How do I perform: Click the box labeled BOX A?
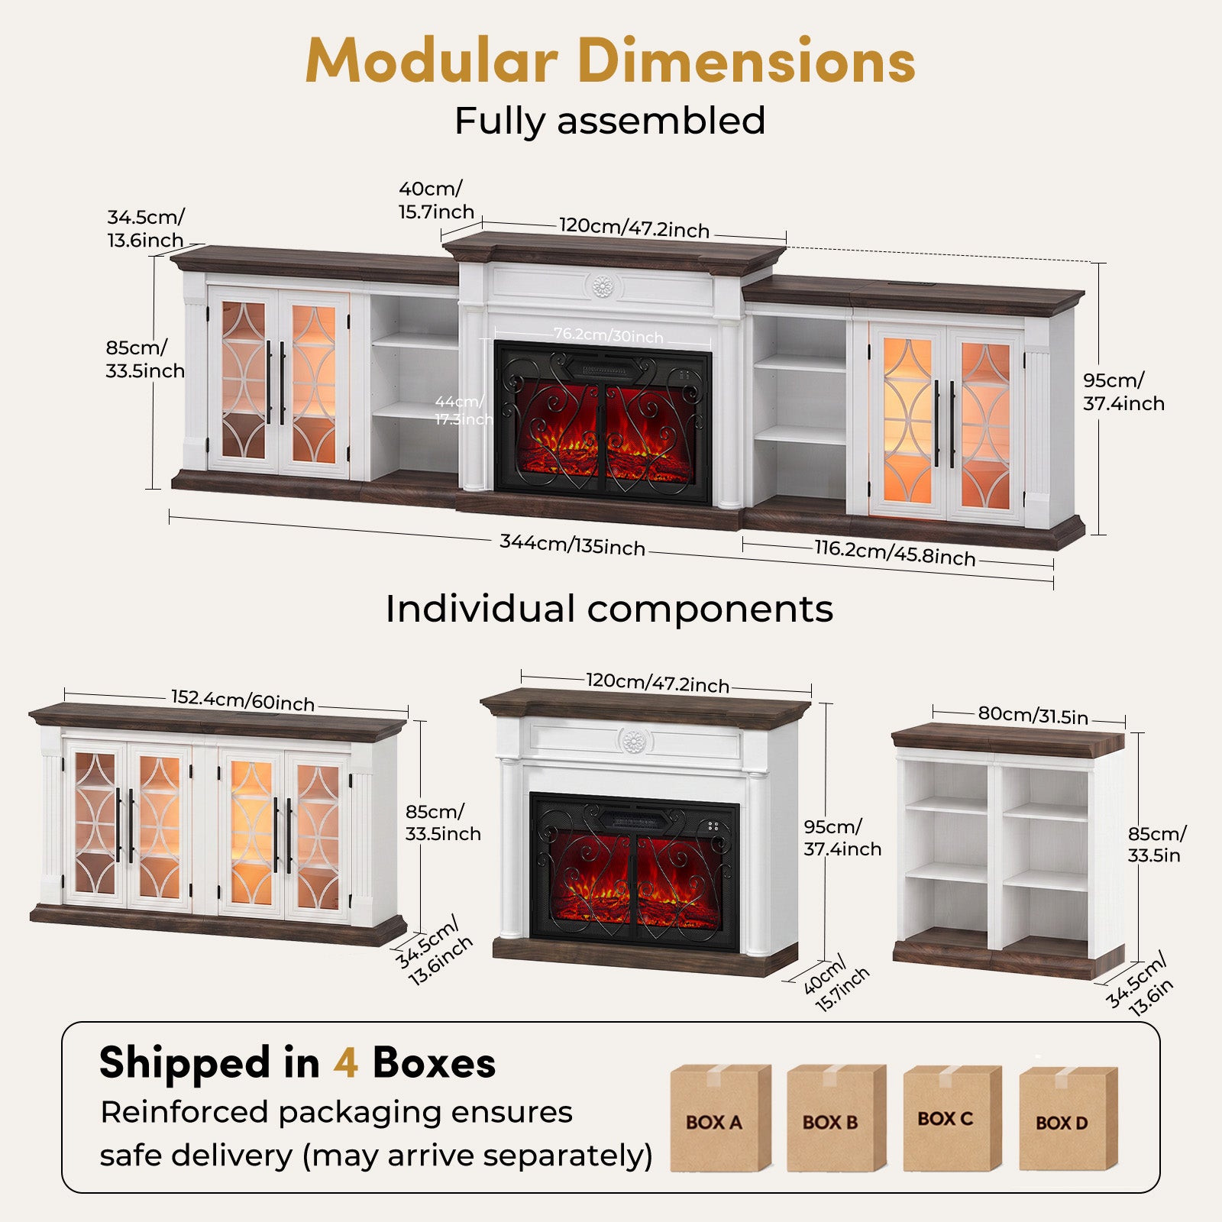(x=720, y=1118)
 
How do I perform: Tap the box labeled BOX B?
(x=836, y=1118)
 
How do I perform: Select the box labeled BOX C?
(x=952, y=1118)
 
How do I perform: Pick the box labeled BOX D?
(x=1068, y=1120)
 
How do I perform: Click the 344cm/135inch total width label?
(x=573, y=545)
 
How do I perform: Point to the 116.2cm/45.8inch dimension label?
(x=895, y=553)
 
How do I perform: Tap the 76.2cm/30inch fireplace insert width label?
(x=609, y=335)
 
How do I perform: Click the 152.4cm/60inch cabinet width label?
(x=243, y=700)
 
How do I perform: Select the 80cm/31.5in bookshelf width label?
(x=1033, y=716)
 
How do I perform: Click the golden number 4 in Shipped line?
(x=346, y=1063)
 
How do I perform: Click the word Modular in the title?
(x=431, y=60)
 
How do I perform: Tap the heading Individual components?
(x=609, y=609)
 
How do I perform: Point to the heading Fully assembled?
(x=610, y=121)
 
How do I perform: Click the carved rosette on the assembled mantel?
(x=604, y=287)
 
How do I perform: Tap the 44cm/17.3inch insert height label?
(x=463, y=410)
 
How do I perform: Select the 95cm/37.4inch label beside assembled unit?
(x=1123, y=392)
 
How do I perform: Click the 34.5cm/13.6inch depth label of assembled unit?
(x=146, y=228)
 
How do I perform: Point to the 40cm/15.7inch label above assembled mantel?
(x=436, y=200)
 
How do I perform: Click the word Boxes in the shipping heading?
(x=434, y=1063)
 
